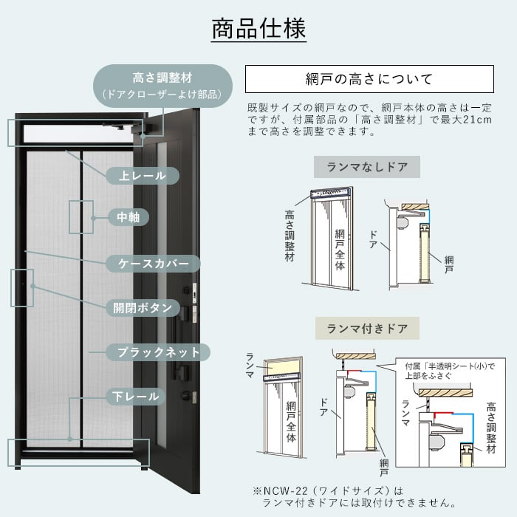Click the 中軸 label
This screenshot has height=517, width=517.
[x=129, y=217]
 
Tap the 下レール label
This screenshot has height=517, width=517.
[x=137, y=397]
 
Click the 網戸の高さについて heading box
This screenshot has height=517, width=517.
[x=369, y=79]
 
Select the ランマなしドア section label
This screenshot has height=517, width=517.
[x=367, y=167]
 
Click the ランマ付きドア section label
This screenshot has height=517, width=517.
[x=367, y=328]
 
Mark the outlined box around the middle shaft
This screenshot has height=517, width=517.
[x=82, y=217]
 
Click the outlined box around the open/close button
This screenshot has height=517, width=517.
[x=22, y=287]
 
